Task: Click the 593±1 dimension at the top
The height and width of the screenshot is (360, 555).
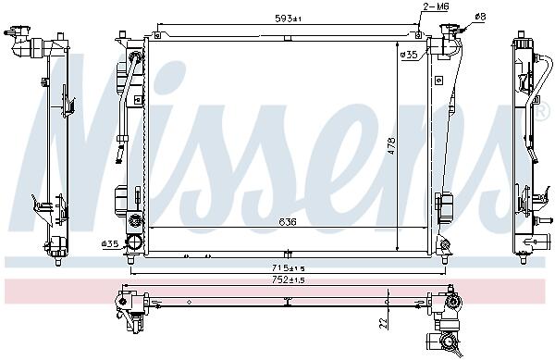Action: pyautogui.click(x=288, y=19)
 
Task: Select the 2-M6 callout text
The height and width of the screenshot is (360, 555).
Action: pyautogui.click(x=436, y=6)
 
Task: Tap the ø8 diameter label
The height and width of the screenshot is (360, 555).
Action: pyautogui.click(x=480, y=17)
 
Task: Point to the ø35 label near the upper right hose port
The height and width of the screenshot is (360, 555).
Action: pyautogui.click(x=409, y=55)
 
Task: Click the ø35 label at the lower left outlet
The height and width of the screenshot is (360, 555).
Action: pyautogui.click(x=110, y=243)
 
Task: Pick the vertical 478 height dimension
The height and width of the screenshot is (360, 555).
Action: pyautogui.click(x=392, y=146)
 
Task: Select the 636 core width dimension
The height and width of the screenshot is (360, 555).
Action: pyautogui.click(x=288, y=222)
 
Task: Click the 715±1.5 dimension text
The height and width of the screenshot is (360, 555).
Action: pyautogui.click(x=288, y=268)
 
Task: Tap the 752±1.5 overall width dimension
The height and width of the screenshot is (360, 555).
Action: pyautogui.click(x=288, y=280)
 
